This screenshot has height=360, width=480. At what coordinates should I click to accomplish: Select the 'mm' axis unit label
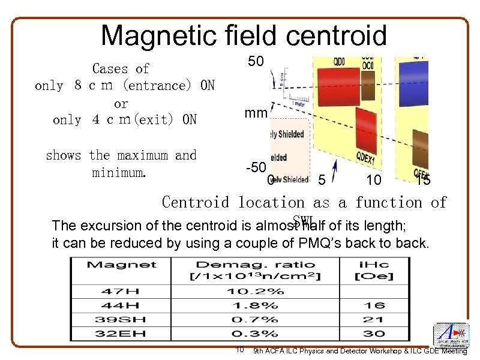(x=255, y=113)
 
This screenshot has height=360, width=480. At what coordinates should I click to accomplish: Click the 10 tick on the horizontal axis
(x=373, y=179)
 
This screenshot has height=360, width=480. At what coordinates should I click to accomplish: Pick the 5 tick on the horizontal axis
(x=322, y=179)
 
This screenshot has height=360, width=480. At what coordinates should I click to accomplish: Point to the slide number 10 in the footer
(x=239, y=349)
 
